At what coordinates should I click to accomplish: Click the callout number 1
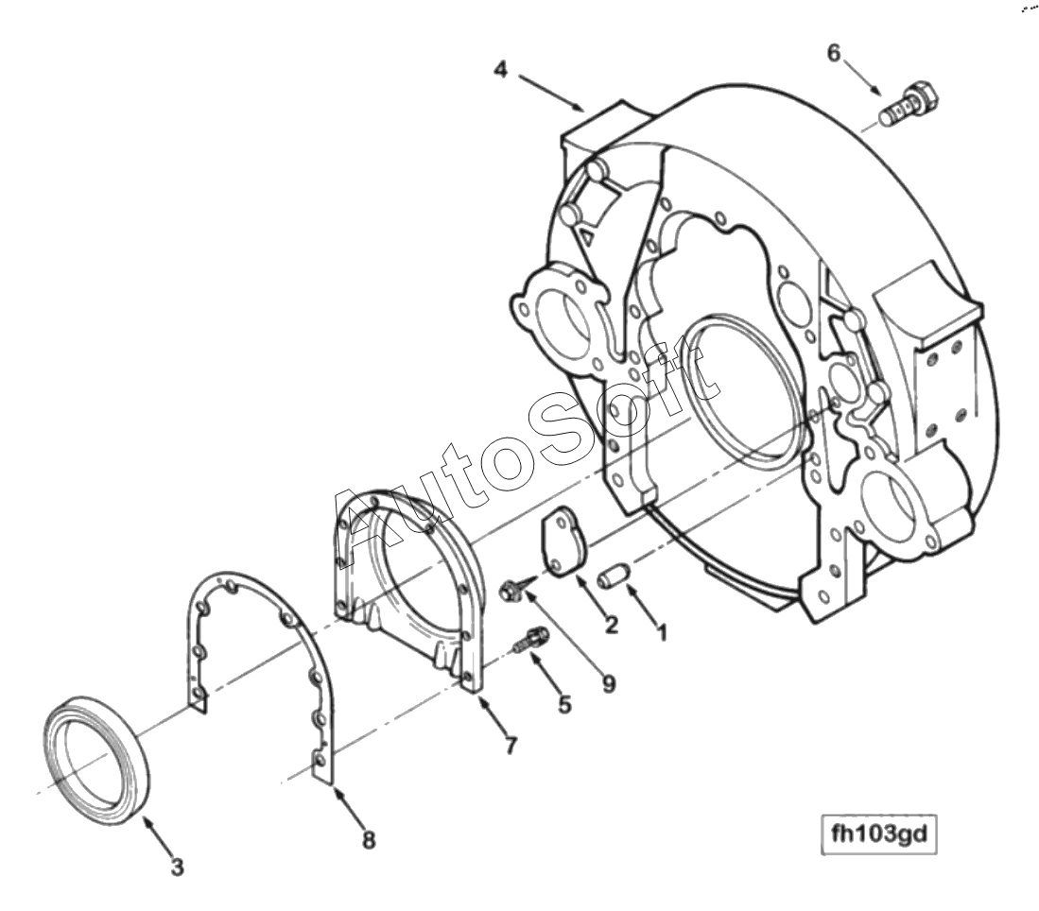[x=662, y=632]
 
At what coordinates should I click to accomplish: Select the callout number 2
[x=612, y=624]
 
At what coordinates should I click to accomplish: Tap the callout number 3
[x=177, y=866]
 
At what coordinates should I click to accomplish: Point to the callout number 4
[x=501, y=69]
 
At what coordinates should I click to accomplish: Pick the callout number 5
[x=564, y=704]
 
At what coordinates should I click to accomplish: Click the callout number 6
[x=833, y=53]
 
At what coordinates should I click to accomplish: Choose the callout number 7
[x=511, y=746]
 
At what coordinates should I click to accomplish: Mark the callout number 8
[x=368, y=838]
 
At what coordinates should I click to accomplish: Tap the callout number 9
[x=607, y=683]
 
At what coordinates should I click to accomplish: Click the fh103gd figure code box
[x=879, y=836]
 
